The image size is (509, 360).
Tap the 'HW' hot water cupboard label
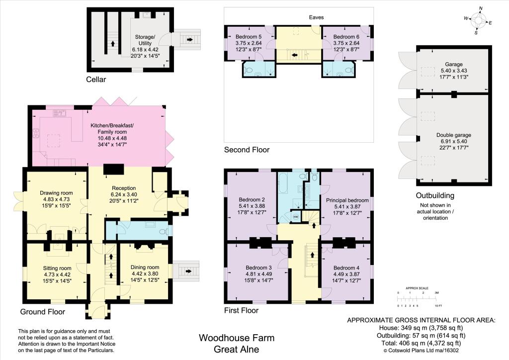[296, 217]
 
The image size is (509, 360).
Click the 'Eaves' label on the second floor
[317, 17]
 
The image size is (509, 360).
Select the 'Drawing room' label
[56, 193]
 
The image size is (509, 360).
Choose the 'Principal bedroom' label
[347, 200]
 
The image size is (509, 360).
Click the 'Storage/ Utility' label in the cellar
[145, 39]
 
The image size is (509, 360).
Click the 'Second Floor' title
[247, 150]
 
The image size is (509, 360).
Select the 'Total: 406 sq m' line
[420, 343]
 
